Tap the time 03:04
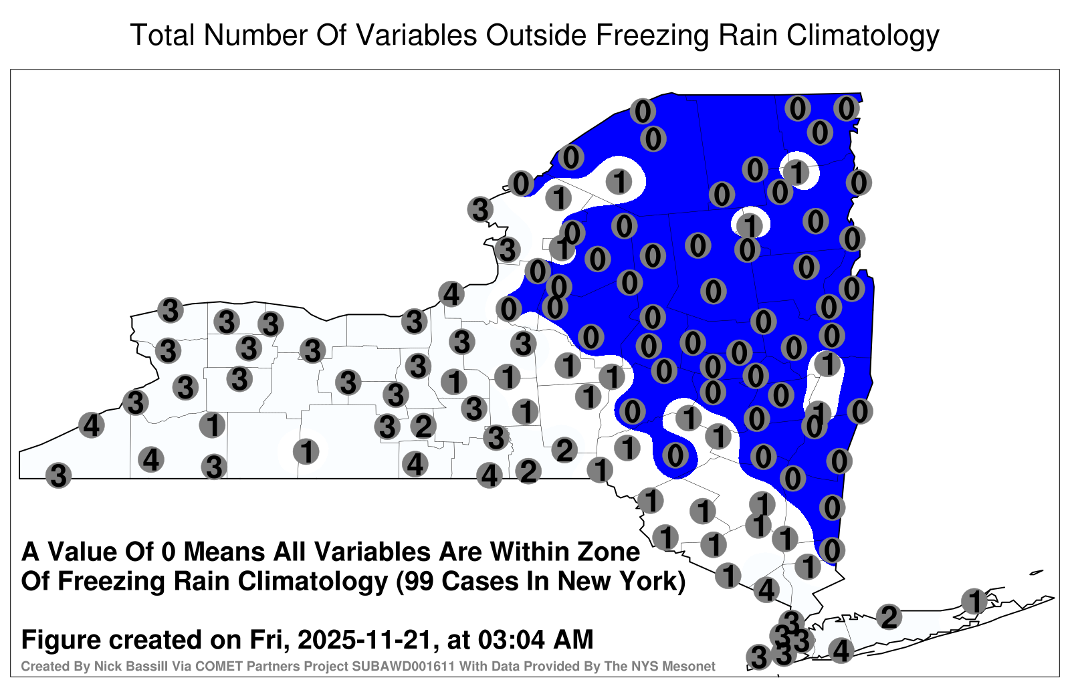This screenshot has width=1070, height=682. tap(511, 640)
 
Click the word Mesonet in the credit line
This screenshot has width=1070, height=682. tap(692, 666)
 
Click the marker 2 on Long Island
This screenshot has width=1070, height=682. tap(889, 617)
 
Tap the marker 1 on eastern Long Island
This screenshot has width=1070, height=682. tap(974, 601)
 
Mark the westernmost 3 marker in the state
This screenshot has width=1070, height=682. tap(58, 475)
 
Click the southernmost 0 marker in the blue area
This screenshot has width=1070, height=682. tap(832, 550)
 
